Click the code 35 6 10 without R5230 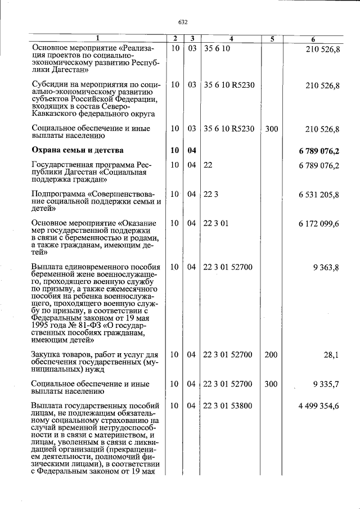coord(217,49)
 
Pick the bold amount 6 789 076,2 coord(319,151)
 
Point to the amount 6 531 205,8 coord(319,194)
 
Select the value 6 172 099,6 coord(319,224)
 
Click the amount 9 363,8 coord(326,267)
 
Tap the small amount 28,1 coord(331,355)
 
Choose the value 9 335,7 coord(326,384)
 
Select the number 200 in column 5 coord(271,354)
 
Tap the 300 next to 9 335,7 coord(271,384)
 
